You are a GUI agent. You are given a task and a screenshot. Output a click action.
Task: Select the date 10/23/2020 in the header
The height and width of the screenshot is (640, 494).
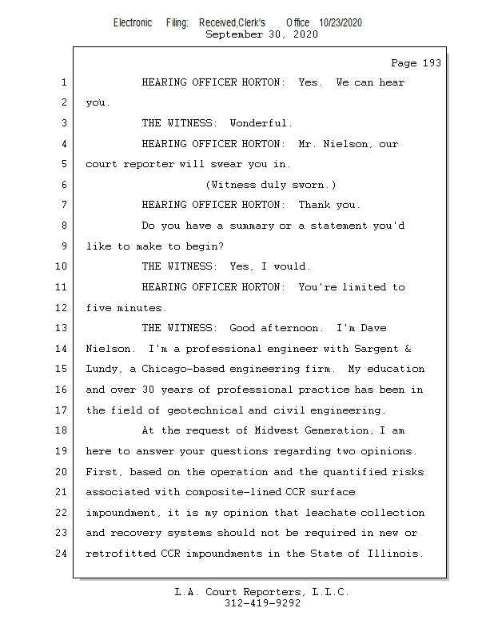tap(341, 23)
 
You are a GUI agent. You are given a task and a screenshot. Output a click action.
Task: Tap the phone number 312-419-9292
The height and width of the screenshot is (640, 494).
tap(262, 604)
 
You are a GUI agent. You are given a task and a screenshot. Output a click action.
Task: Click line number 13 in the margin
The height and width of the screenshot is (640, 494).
tap(62, 328)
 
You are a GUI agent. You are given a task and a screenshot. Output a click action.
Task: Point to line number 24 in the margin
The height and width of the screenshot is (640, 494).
tap(62, 554)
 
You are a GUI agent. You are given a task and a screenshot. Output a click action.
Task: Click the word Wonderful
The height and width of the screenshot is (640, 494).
tap(261, 123)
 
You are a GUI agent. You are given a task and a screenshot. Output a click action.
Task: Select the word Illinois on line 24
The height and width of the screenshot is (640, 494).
tap(396, 554)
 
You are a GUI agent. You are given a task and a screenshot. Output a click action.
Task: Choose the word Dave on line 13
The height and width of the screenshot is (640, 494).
tap(373, 328)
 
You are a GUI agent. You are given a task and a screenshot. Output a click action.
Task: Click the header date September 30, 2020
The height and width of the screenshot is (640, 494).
tap(261, 34)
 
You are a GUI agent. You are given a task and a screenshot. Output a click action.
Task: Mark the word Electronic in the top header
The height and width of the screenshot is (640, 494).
tap(133, 23)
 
